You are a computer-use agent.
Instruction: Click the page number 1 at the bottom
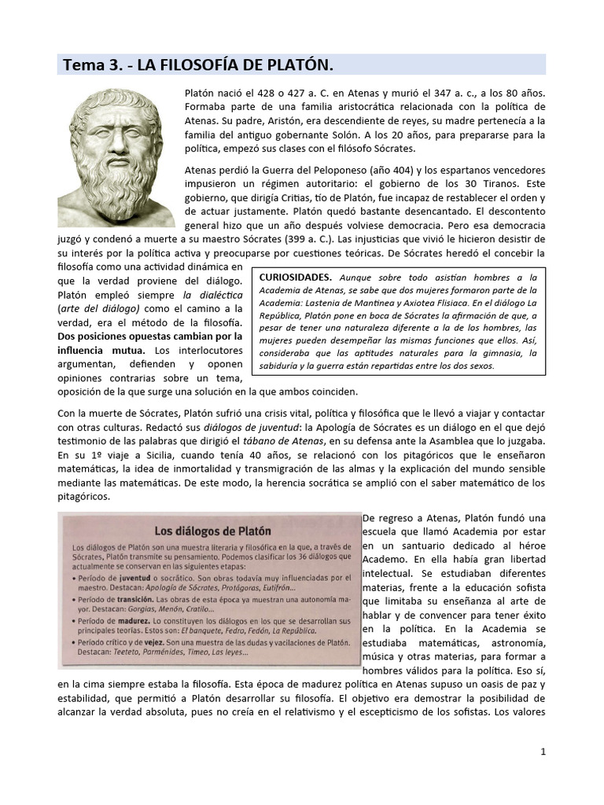pyautogui.click(x=543, y=752)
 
